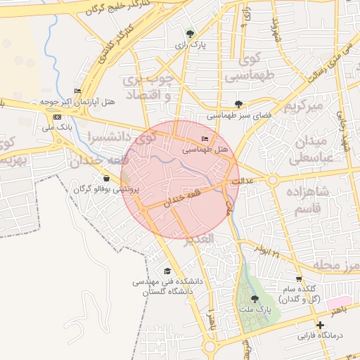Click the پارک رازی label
pyautogui.click(x=190, y=44)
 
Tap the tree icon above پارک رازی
pyautogui.click(x=190, y=33)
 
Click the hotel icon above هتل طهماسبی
pyautogui.click(x=205, y=139)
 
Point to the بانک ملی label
pyautogui.click(x=58, y=128)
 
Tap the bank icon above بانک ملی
pyautogui.click(x=58, y=117)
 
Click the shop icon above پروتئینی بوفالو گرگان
pyautogui.click(x=106, y=179)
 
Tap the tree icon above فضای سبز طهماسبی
pyautogui.click(x=239, y=104)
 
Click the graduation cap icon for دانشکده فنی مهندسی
pyautogui.click(x=167, y=271)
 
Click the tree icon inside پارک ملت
pyautogui.click(x=255, y=299)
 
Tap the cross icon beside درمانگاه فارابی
pyautogui.click(x=321, y=326)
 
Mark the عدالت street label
pyautogui.click(x=262, y=181)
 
